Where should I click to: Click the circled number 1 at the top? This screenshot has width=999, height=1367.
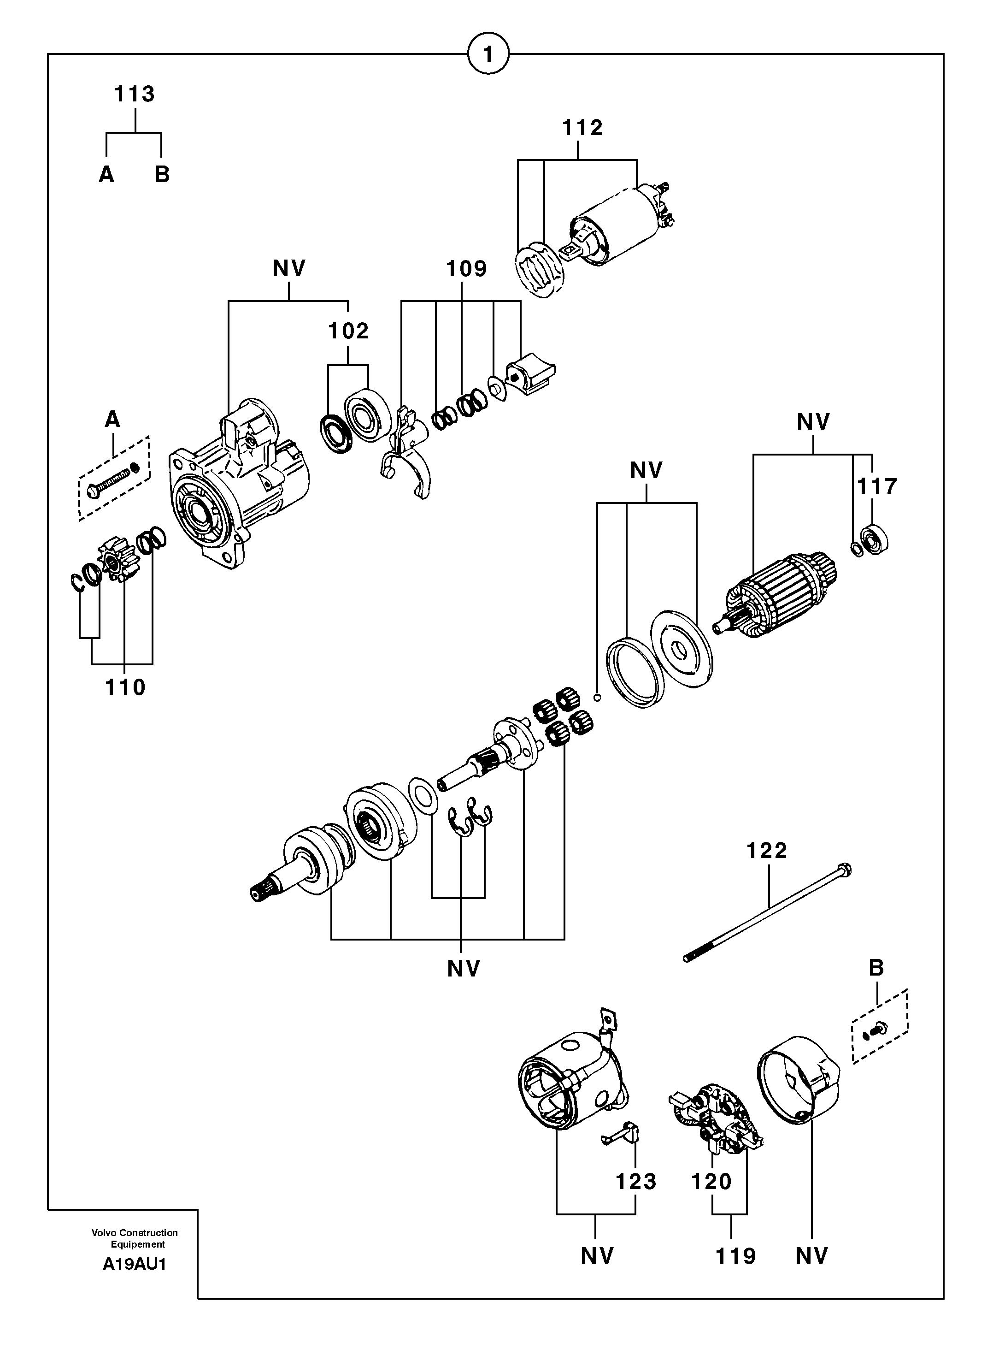tap(488, 55)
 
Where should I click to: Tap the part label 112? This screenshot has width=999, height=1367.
tap(582, 128)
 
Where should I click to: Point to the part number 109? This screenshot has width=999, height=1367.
tap(466, 269)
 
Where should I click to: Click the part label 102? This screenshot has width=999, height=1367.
tap(348, 331)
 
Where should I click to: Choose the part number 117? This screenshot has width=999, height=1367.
tap(877, 486)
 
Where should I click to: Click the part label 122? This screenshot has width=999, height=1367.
tap(767, 851)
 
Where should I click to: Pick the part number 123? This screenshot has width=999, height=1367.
tap(635, 1181)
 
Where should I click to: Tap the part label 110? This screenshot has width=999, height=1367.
tap(125, 687)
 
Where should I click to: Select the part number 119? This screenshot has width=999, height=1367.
tap(736, 1256)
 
